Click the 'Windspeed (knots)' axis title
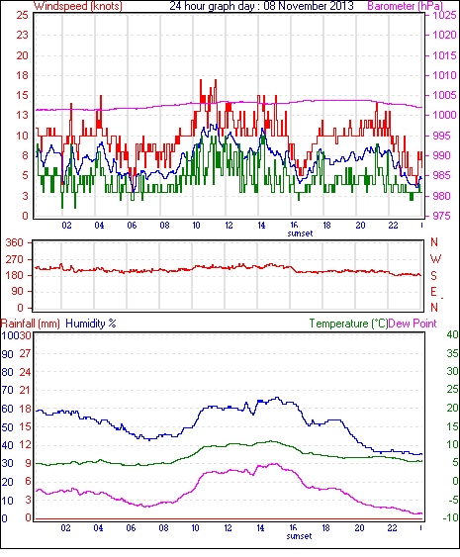tap(78, 6)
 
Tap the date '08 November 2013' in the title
tap(309, 6)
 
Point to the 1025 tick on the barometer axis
tap(444, 15)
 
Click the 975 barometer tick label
tap(442, 216)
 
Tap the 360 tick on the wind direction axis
tap(15, 243)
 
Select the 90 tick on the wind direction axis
tap(17, 292)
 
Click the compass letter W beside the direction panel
tap(435, 259)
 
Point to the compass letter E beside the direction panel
tap(433, 292)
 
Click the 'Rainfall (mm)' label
tap(31, 324)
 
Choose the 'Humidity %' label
tap(91, 324)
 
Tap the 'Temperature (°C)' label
tap(348, 324)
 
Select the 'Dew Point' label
tap(413, 324)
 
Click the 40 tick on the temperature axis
tap(452, 334)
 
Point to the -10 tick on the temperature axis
tap(450, 518)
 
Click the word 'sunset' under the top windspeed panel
tap(300, 233)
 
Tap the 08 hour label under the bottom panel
tap(163, 528)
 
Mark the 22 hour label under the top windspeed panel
tap(393, 226)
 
